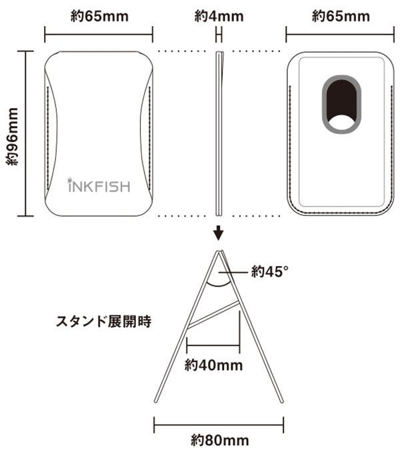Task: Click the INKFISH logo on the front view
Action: (x=99, y=185)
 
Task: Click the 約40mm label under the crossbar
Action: (x=213, y=365)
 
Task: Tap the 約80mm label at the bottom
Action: (x=219, y=440)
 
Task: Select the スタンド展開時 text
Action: (x=103, y=323)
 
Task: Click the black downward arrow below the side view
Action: (x=219, y=233)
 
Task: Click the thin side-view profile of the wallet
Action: (x=219, y=133)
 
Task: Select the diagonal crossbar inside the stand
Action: (x=213, y=314)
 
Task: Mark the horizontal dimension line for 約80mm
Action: (x=219, y=422)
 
